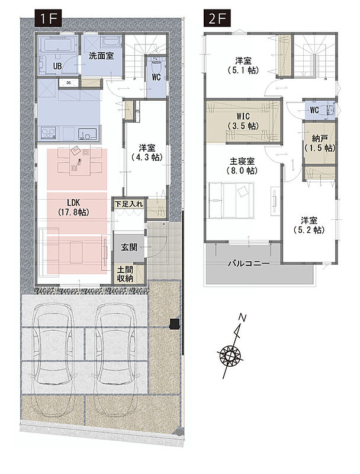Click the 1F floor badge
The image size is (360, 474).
pos(49,18)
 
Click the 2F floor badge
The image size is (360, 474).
pos(217,18)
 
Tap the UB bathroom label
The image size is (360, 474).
pos(57,66)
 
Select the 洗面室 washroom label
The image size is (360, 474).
pos(101,56)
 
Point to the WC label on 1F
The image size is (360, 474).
pos(156,77)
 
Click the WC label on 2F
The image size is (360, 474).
pos(314,110)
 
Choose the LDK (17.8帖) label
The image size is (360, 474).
pos(73,207)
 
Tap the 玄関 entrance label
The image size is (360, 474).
pos(129,247)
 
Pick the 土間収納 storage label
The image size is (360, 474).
pos(125,274)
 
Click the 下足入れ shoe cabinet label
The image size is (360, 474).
pos(128,204)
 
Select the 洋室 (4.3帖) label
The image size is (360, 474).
pos(147,153)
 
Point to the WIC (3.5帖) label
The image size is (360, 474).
pos(243,121)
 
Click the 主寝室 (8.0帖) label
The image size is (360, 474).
pos(242,166)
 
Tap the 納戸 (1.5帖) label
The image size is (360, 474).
pos(320,143)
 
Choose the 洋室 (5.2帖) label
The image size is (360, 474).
pos(308,225)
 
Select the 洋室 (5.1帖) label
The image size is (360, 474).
pos(243,66)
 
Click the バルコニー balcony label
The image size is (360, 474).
pos(249,263)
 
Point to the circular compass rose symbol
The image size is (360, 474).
pos(230,355)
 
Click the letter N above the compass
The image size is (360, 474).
pos(243,318)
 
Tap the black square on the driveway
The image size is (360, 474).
pos(175,324)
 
